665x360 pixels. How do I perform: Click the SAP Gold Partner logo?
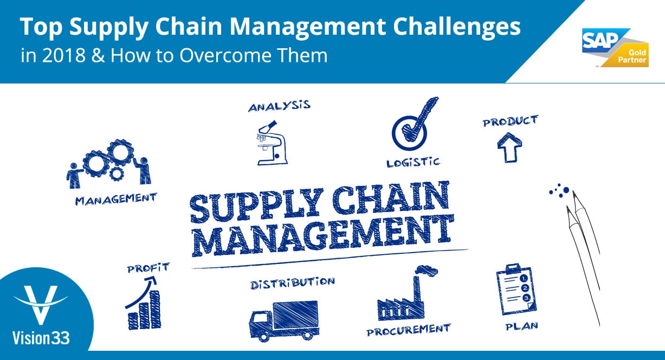point(615,48)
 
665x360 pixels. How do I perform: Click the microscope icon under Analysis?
point(270,144)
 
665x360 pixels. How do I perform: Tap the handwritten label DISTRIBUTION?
point(292,283)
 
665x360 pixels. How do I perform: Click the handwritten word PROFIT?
point(148,267)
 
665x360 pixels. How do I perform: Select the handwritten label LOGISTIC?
point(413,162)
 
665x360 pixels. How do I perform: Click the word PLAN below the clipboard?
point(521,326)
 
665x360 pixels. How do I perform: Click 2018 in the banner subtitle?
point(53,56)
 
